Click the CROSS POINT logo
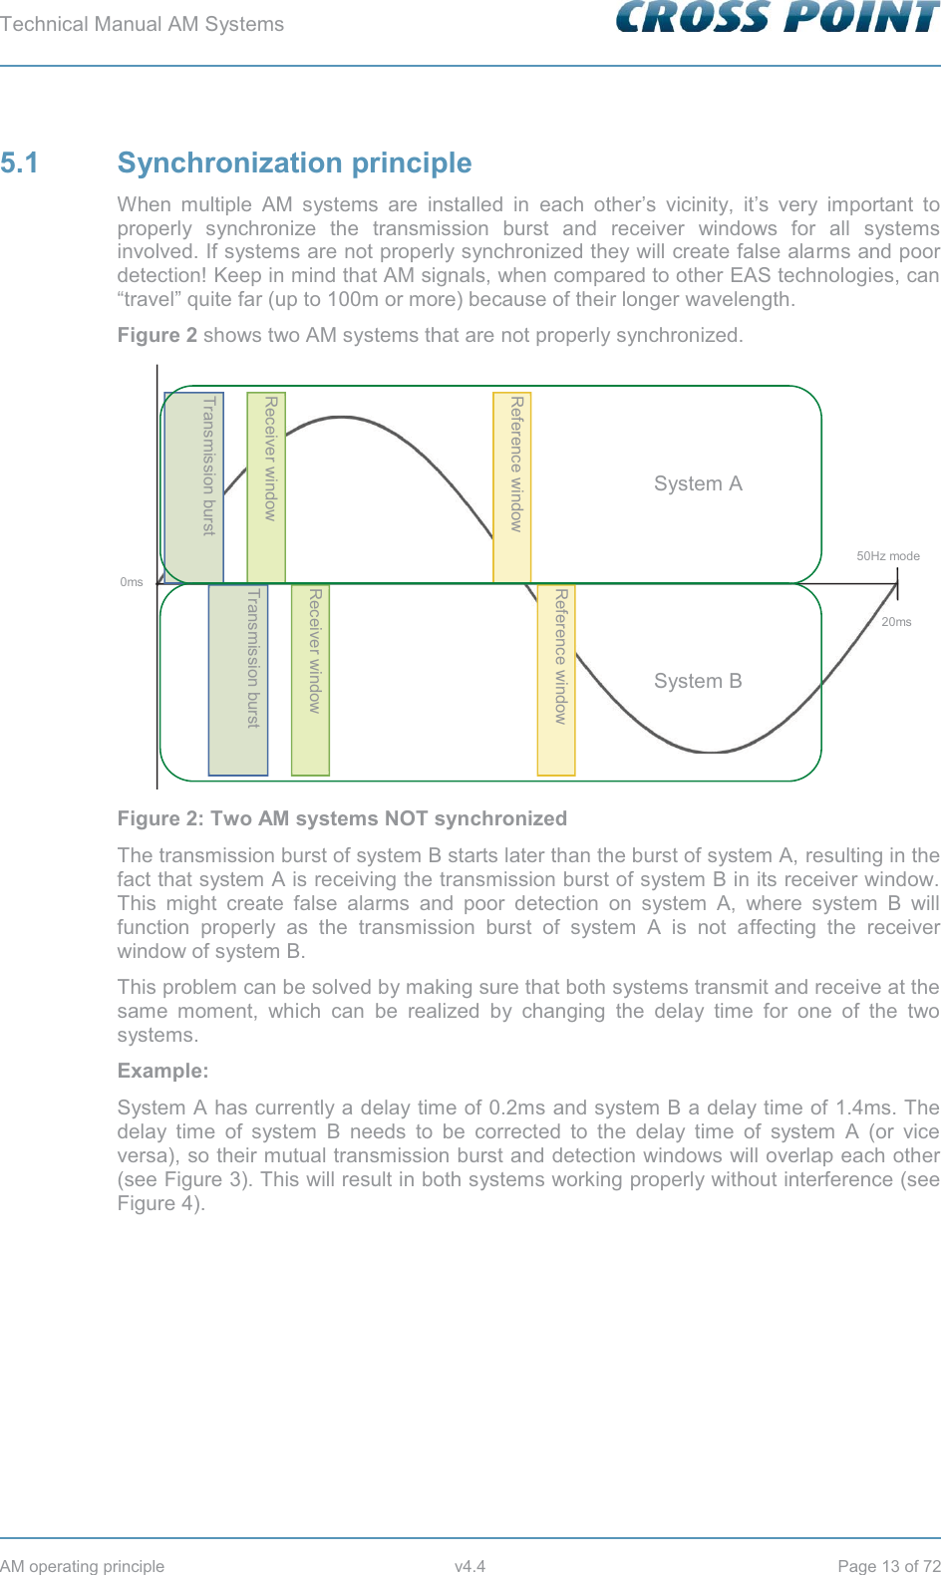pyautogui.click(x=778, y=18)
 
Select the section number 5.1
pyautogui.click(x=20, y=162)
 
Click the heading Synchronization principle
pyautogui.click(x=294, y=162)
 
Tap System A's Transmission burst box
pyautogui.click(x=194, y=487)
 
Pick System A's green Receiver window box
pyautogui.click(x=266, y=487)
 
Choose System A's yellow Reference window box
pyautogui.click(x=512, y=487)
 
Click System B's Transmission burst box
pyautogui.click(x=238, y=680)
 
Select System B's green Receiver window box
pyautogui.click(x=310, y=680)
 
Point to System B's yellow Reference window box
pyautogui.click(x=556, y=680)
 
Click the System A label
pyautogui.click(x=698, y=483)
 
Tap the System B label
pyautogui.click(x=698, y=681)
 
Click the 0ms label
pyautogui.click(x=132, y=582)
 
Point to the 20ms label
pyautogui.click(x=896, y=622)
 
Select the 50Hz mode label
pyautogui.click(x=888, y=556)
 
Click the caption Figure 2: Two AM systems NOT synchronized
pyautogui.click(x=342, y=818)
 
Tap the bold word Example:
pyautogui.click(x=163, y=1071)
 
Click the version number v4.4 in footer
pyautogui.click(x=470, y=1566)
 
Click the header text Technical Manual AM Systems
pyautogui.click(x=143, y=24)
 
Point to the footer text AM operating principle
pyautogui.click(x=83, y=1566)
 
